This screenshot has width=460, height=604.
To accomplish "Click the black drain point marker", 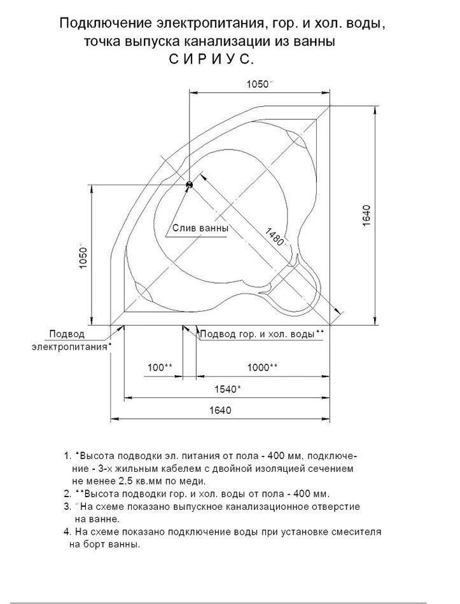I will click(x=189, y=185).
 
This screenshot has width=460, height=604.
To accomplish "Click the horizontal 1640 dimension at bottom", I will click(x=220, y=411).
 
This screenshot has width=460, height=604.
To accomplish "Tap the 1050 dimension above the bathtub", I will click(x=258, y=84).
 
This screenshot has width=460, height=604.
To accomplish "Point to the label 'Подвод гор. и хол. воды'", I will click(x=258, y=333).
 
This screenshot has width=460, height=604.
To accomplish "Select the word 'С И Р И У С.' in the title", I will click(x=211, y=59).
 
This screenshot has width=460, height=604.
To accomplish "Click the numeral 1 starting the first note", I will click(x=67, y=456).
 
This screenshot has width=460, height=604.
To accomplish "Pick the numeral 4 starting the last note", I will click(x=67, y=531).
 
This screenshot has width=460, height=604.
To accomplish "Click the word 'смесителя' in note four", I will click(x=359, y=531).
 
